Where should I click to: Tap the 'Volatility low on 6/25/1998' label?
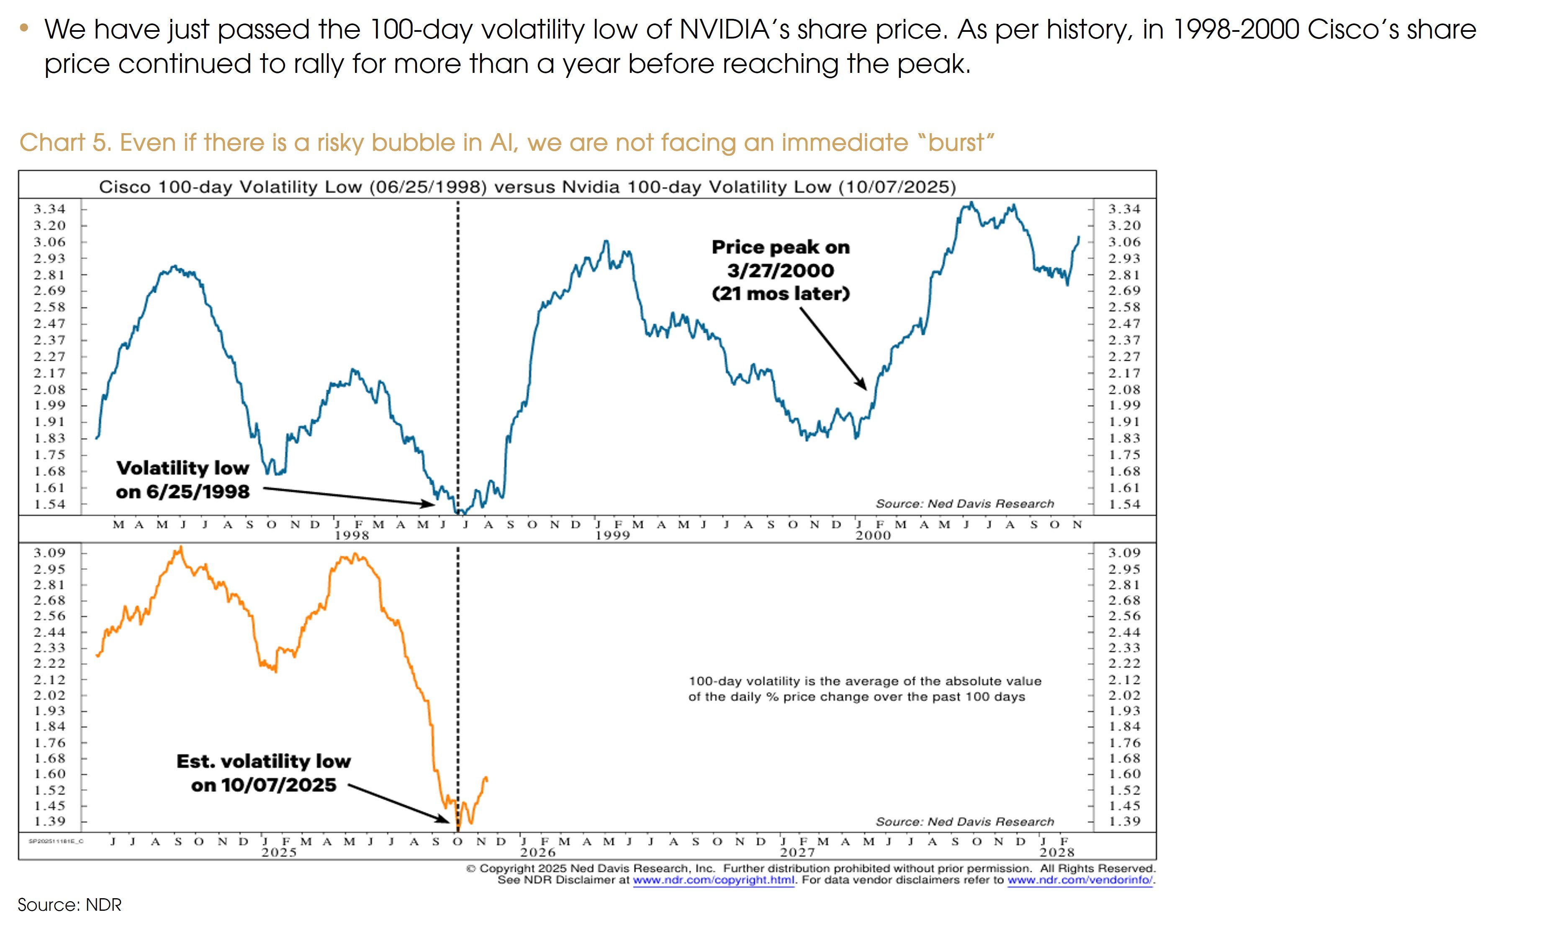[x=183, y=479]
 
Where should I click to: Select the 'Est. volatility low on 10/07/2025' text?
[x=264, y=773]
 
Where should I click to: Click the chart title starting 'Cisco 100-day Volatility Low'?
[x=527, y=187]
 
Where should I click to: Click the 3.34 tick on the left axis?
[x=49, y=209]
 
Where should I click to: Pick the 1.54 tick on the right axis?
[x=1124, y=504]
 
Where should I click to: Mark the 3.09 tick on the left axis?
[x=49, y=553]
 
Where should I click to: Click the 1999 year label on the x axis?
[x=612, y=536]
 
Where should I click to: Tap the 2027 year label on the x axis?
[x=797, y=852]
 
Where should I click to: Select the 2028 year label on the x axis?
[x=1056, y=852]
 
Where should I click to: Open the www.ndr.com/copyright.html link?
[x=713, y=880]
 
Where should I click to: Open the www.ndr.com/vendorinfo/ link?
[x=1080, y=880]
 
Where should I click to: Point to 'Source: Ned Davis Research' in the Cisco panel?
[x=964, y=504]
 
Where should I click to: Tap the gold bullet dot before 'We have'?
[x=24, y=27]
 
